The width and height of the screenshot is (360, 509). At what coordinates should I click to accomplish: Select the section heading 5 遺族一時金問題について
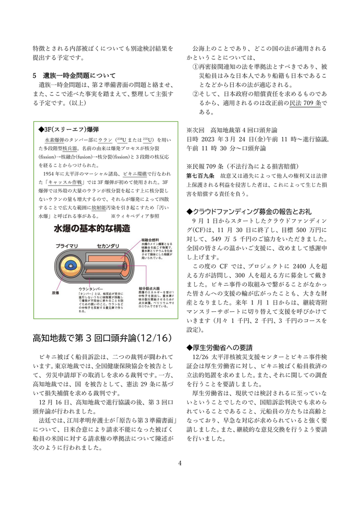tap(73, 76)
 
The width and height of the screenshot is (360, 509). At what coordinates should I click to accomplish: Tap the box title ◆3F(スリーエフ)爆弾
tap(68, 129)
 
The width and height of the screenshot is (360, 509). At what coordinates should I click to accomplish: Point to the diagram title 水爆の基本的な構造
tap(92, 228)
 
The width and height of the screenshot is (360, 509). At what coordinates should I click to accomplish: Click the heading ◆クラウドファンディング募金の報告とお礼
tap(249, 211)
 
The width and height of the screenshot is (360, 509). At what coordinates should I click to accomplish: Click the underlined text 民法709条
tap(305, 103)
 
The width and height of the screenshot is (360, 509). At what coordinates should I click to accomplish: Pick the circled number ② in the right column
tap(195, 94)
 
